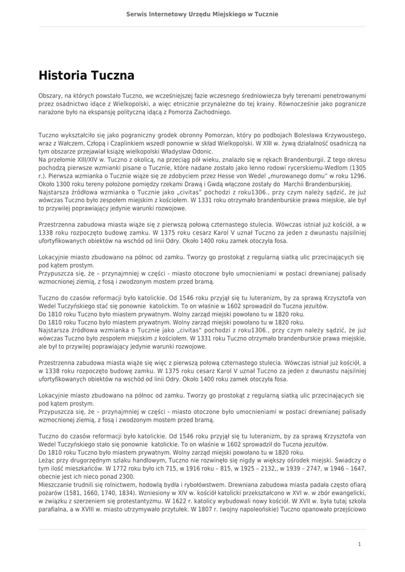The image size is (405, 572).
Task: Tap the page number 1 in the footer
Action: (x=359, y=544)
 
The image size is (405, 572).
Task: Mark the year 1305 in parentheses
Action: (x=358, y=167)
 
